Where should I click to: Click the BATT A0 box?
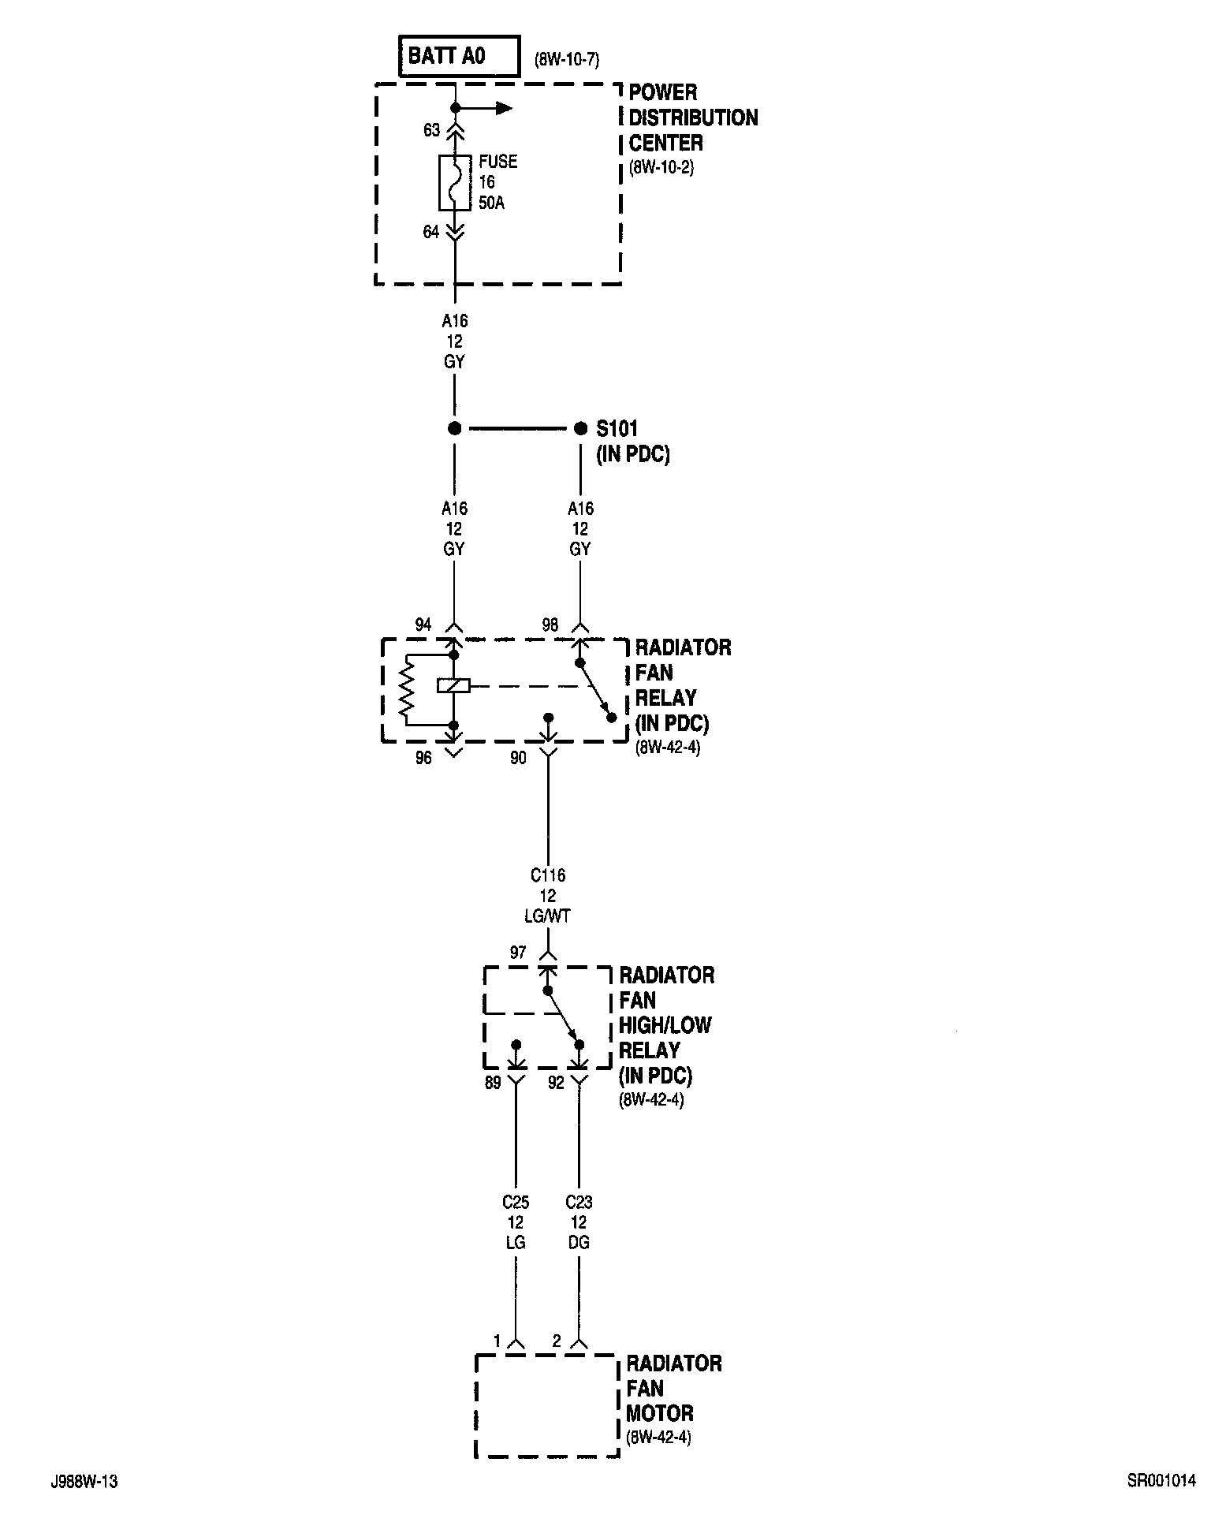[x=460, y=56]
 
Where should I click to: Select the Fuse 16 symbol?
[x=455, y=183]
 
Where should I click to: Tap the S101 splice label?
[x=617, y=429]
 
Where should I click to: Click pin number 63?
[x=431, y=130]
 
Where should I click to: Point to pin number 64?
[x=431, y=232]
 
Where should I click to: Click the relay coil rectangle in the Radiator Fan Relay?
[x=453, y=686]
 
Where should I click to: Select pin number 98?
[x=550, y=625]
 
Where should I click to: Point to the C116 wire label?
[x=548, y=875]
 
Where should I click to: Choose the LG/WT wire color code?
[x=548, y=916]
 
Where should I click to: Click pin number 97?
[x=518, y=953]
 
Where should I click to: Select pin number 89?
[x=493, y=1084]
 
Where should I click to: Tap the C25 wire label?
[x=516, y=1203]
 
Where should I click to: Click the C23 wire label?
[x=579, y=1203]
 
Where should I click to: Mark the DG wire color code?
[x=579, y=1243]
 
